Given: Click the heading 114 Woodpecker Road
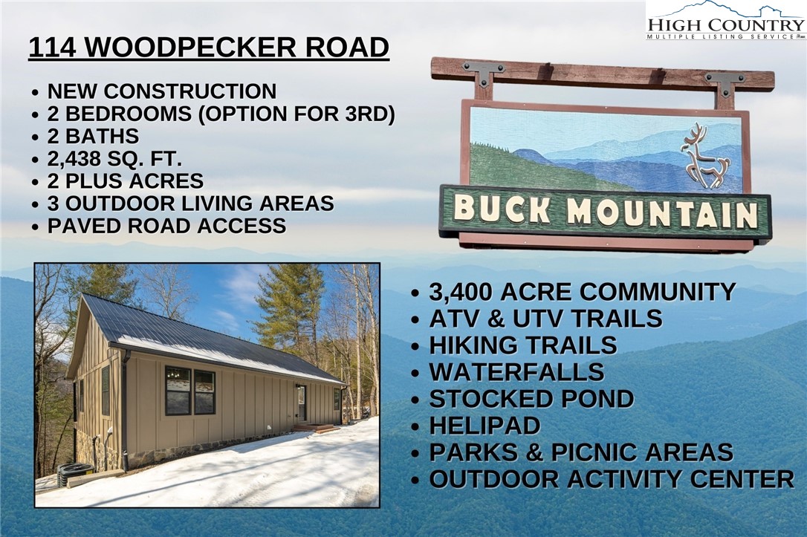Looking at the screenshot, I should click(208, 48).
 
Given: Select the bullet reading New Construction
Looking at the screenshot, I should click(161, 91).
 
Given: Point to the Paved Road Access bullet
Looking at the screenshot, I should click(166, 227).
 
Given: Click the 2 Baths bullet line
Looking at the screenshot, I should click(93, 137).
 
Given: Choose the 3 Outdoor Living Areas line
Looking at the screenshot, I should click(190, 204).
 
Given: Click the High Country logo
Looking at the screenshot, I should click(725, 21).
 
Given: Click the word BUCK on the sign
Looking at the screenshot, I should click(502, 209).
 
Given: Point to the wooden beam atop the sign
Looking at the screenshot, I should click(602, 74).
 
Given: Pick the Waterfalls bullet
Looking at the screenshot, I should click(516, 371).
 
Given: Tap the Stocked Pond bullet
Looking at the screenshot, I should click(531, 399).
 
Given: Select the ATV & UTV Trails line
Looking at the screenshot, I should click(545, 318).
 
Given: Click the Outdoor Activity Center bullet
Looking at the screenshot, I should click(611, 479).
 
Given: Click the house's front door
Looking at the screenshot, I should click(302, 403).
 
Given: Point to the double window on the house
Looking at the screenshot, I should click(190, 391).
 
